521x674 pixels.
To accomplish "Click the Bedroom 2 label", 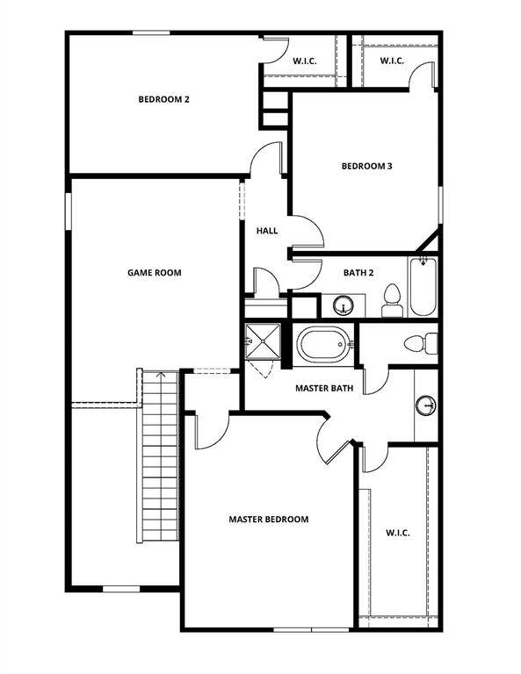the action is (163, 99).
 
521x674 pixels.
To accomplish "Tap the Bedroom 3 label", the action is (366, 166).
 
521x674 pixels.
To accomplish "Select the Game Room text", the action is (155, 273).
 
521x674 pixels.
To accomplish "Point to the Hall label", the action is (267, 231).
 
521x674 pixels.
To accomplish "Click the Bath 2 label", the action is (358, 273).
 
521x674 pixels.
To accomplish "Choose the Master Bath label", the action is (324, 388).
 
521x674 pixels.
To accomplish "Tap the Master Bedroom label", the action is (269, 520).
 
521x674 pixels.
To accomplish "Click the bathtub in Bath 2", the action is (423, 287).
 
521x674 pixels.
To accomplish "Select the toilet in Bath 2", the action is (392, 300).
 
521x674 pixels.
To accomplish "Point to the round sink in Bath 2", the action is (344, 305).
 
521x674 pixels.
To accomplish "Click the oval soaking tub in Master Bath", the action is (323, 344).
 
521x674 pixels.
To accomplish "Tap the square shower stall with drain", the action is (263, 341).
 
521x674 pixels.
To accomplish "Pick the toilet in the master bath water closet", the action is (421, 344).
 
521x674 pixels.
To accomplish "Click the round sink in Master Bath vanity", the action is (426, 405).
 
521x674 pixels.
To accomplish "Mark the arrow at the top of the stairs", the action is (161, 375).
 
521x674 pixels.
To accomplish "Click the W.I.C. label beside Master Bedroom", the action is (398, 533).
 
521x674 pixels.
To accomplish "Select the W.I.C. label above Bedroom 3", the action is (392, 61).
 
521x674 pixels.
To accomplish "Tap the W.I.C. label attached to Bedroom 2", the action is (305, 61).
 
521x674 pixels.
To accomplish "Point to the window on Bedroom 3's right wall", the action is (440, 204).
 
